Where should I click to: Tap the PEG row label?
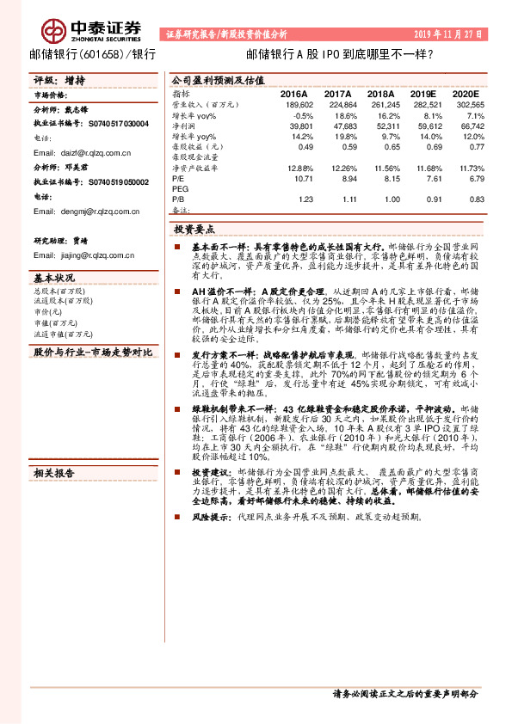180,189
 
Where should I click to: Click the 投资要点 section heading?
194,230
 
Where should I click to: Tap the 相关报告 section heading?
53,472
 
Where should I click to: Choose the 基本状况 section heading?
53,278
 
